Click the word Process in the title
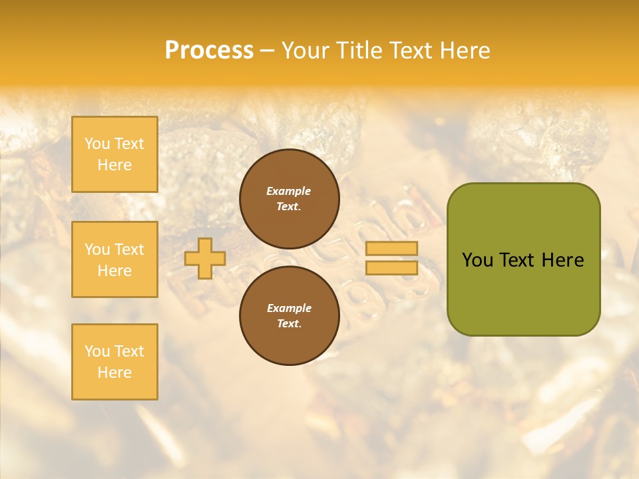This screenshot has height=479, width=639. tap(209, 50)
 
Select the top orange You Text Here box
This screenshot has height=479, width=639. tap(114, 154)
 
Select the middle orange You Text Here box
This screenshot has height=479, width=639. tap(114, 259)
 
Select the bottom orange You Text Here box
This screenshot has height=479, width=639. tap(114, 362)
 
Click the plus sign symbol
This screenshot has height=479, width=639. tap(205, 258)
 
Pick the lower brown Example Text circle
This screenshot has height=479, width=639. tap(290, 315)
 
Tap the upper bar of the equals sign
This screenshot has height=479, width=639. tap(391, 248)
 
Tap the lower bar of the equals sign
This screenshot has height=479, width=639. tap(391, 267)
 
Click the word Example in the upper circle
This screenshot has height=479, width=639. tap(288, 191)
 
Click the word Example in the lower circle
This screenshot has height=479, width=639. tap(289, 308)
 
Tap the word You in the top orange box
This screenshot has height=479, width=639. tap(97, 144)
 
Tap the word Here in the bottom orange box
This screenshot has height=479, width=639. tap(114, 373)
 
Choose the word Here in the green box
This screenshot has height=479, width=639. tap(563, 260)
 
